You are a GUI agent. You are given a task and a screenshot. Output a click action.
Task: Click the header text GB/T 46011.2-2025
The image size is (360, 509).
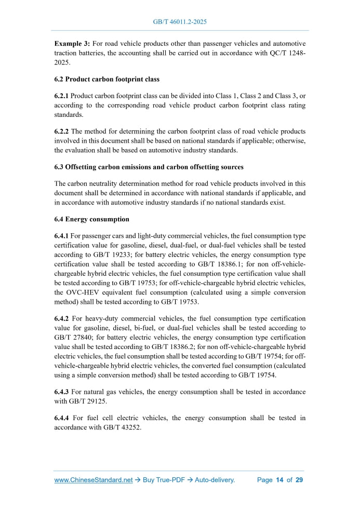180,22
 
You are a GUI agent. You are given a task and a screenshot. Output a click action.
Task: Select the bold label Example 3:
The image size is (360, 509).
72,43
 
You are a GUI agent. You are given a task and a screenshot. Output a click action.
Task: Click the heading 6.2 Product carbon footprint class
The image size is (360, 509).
107,79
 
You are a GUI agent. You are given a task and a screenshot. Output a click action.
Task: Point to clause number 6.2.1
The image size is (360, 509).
62,97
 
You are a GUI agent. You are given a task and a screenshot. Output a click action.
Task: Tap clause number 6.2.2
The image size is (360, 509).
62,132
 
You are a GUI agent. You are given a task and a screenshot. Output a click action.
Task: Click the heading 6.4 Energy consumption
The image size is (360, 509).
92,220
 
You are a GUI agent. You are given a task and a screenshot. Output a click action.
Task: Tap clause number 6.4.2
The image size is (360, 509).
62,318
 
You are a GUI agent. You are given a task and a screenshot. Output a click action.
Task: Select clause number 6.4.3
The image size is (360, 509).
62,392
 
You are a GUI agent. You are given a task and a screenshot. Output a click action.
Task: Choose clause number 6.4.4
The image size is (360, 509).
62,418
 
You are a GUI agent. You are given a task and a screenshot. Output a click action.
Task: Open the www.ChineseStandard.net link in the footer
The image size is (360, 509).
94,480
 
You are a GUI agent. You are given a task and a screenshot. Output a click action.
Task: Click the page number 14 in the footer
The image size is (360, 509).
279,480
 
